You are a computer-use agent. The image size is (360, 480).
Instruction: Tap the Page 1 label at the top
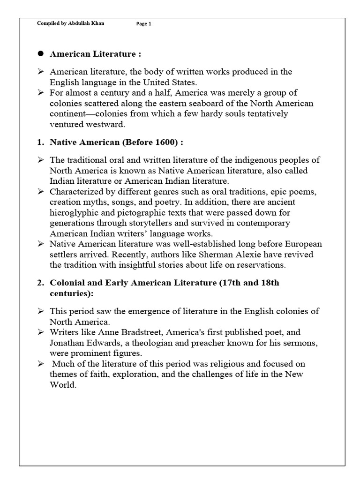tap(144, 24)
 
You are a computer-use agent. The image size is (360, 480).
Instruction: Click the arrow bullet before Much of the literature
tap(41, 364)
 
